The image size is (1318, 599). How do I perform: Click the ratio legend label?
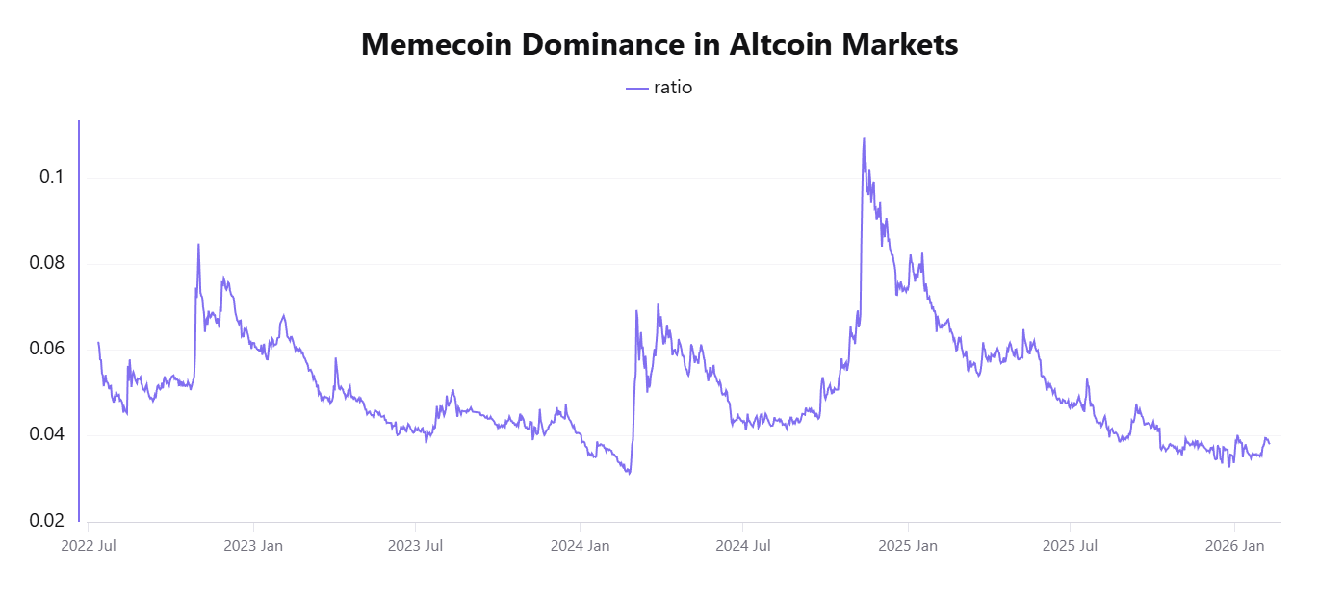pyautogui.click(x=673, y=88)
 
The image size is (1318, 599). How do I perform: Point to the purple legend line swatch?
pyautogui.click(x=637, y=88)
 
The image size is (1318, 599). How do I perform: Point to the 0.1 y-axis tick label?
pyautogui.click(x=52, y=177)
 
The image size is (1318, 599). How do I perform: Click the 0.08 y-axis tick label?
pyautogui.click(x=46, y=263)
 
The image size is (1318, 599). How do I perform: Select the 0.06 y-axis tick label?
pyautogui.click(x=46, y=349)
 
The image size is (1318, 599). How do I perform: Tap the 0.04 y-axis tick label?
pyautogui.click(x=46, y=434)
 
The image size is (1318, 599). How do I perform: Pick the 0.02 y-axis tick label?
pyautogui.click(x=46, y=521)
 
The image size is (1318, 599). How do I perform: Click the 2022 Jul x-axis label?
pyautogui.click(x=89, y=547)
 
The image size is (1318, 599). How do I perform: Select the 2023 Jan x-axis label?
pyautogui.click(x=253, y=547)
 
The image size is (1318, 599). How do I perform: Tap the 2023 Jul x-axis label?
pyautogui.click(x=416, y=547)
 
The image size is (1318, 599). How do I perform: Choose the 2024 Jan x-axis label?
pyautogui.click(x=581, y=547)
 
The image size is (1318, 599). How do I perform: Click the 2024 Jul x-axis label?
pyautogui.click(x=744, y=547)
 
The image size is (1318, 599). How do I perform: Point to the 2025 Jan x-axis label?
pyautogui.click(x=909, y=547)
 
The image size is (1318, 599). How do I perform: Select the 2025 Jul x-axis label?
pyautogui.click(x=1072, y=547)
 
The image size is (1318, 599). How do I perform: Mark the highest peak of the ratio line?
pyautogui.click(x=864, y=138)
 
